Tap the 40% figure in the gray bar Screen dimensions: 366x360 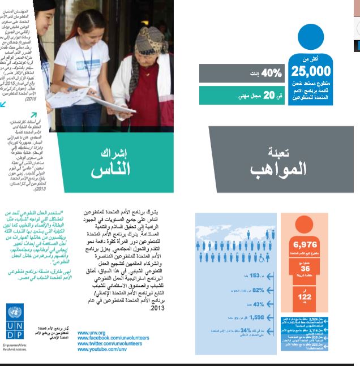click(x=271, y=73)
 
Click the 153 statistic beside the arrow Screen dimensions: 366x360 click(x=254, y=275)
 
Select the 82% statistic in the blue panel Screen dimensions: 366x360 click(x=259, y=290)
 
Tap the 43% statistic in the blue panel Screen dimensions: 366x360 click(x=259, y=304)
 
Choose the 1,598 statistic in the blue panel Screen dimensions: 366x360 click(x=258, y=317)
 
